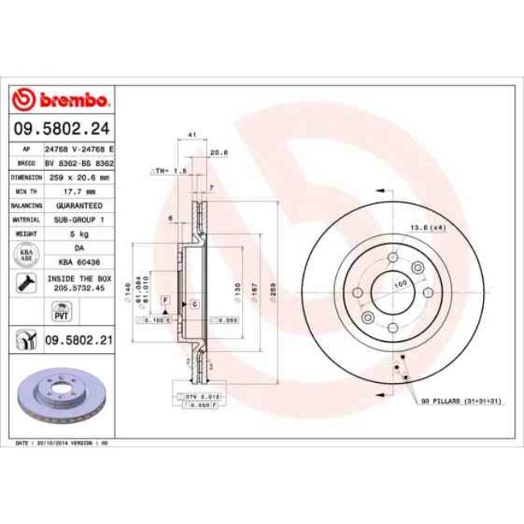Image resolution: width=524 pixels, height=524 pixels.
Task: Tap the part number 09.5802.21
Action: click(79, 341)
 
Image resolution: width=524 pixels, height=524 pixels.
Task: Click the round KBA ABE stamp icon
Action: click(25, 256)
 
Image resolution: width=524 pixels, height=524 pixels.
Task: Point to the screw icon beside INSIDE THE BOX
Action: click(24, 281)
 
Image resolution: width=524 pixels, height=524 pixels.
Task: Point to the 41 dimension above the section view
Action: click(192, 134)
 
